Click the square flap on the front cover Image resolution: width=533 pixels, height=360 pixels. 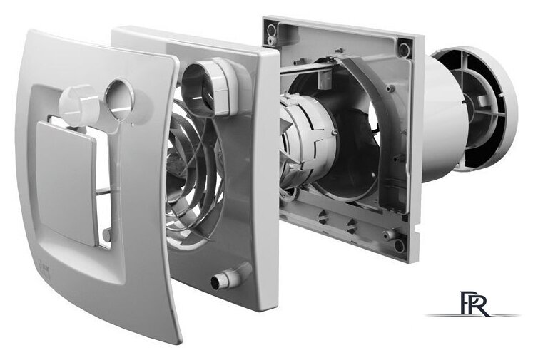point(66,178)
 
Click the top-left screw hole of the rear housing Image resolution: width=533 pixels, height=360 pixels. point(270,30)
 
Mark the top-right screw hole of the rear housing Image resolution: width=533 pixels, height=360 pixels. point(405,50)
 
